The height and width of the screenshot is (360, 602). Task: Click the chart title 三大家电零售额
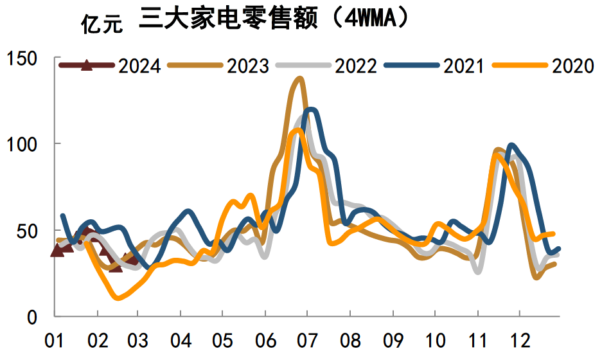(x=229, y=20)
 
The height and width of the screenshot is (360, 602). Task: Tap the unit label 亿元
(x=100, y=24)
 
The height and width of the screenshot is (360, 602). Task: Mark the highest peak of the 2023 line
(x=299, y=79)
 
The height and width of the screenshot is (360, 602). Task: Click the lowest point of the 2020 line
(x=118, y=298)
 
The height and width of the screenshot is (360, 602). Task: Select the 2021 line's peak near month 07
(x=312, y=110)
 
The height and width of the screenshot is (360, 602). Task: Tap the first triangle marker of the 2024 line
(x=57, y=251)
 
